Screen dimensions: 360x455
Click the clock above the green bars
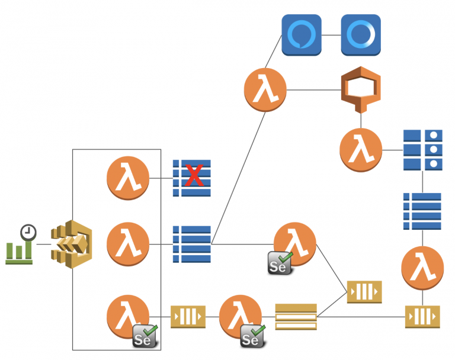point(27,232)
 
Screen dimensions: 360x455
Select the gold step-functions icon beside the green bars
point(72,243)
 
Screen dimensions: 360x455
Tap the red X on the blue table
point(194,176)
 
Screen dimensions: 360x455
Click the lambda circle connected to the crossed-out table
point(127,178)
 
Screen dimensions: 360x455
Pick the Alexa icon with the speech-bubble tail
point(301,35)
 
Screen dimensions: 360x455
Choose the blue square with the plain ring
point(361,35)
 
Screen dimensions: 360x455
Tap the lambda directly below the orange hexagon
point(361,150)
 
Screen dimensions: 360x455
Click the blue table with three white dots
point(422,149)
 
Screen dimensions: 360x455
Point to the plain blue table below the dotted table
point(422,211)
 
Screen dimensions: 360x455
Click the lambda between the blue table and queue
point(422,268)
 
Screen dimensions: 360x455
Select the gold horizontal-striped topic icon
point(296,316)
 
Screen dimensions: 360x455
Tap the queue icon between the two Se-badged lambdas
point(188,316)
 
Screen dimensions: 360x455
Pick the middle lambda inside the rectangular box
point(127,243)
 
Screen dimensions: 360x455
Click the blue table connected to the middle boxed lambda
point(192,243)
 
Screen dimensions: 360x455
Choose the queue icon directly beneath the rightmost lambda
point(422,316)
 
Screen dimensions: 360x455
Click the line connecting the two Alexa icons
point(331,35)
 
